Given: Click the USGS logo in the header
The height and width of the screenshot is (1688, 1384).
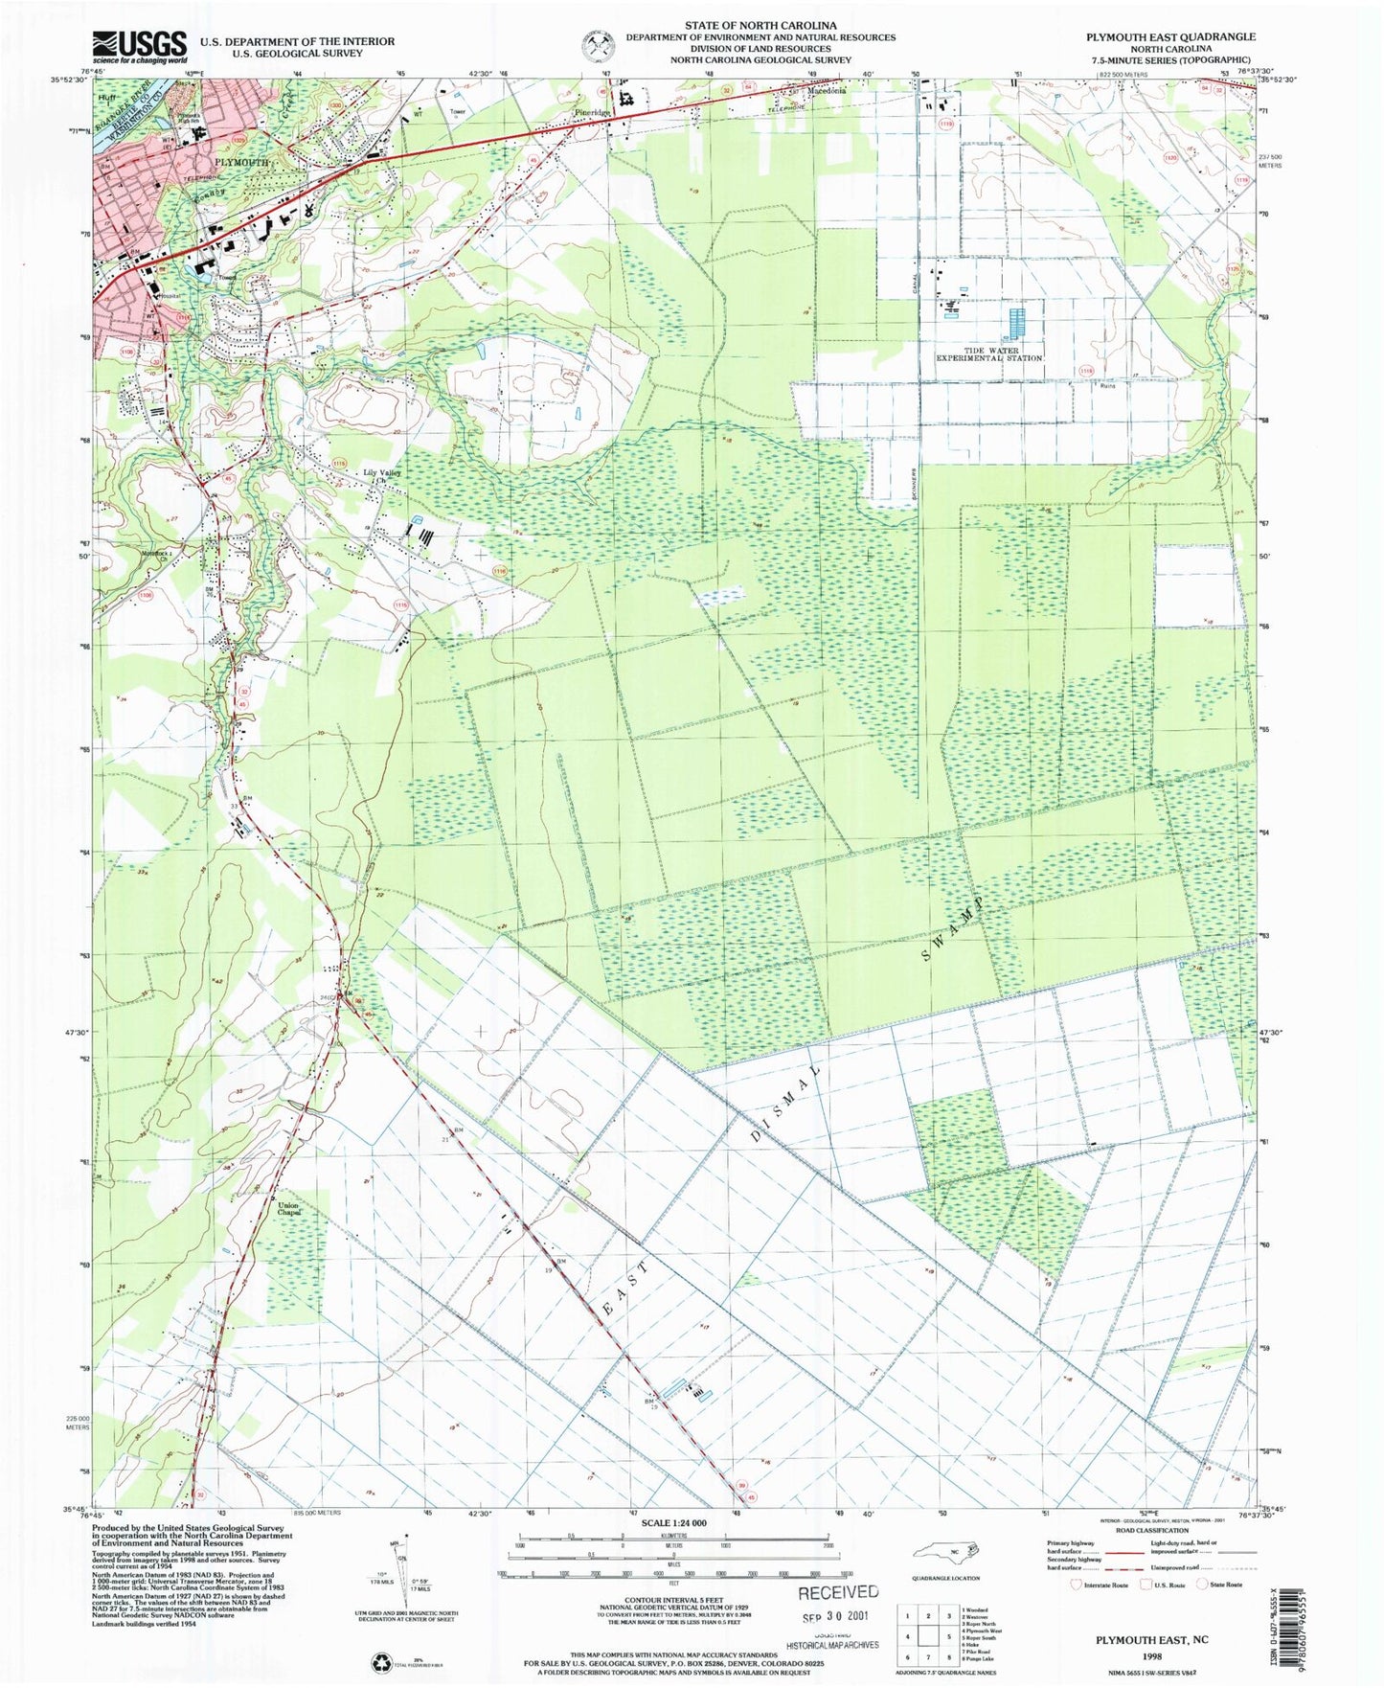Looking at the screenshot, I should [140, 46].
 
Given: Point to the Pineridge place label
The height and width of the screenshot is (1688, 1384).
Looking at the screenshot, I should [592, 113].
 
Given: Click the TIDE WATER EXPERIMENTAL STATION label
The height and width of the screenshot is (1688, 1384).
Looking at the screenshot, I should [989, 354].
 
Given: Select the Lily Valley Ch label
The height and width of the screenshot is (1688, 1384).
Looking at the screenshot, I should [381, 475].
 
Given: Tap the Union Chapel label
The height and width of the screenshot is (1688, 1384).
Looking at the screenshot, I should [289, 1208].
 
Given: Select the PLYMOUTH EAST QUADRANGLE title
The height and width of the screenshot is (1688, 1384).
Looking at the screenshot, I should [1169, 36].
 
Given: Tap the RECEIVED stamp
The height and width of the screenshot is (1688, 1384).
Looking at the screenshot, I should [838, 1592].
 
